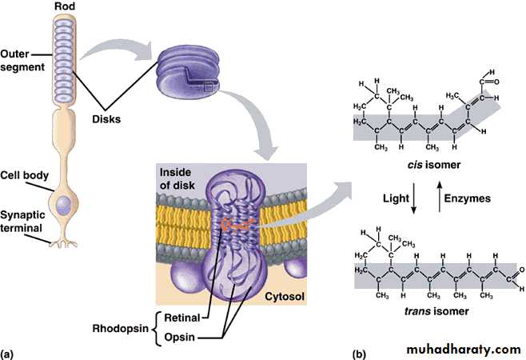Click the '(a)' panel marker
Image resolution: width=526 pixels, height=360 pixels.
pos(8,352)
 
